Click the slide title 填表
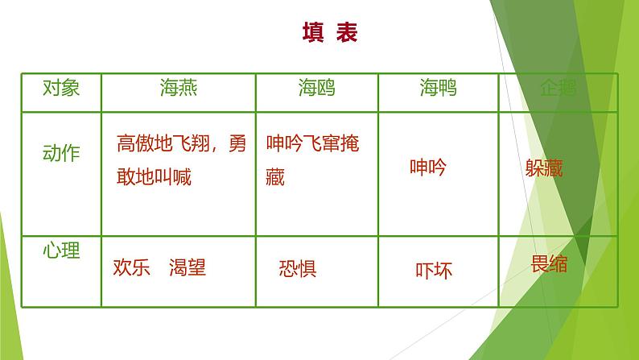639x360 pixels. point(329,33)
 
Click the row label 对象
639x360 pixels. point(61,88)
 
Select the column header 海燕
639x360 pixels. point(178,88)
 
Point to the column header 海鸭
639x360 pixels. point(438,89)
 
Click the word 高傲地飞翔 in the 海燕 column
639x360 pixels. point(163,147)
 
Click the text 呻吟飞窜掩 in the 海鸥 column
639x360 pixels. point(312,146)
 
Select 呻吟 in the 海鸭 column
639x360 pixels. point(427,168)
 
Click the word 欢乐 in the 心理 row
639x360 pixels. point(132,267)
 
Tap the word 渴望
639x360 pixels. point(188,267)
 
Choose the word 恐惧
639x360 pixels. point(297,268)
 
